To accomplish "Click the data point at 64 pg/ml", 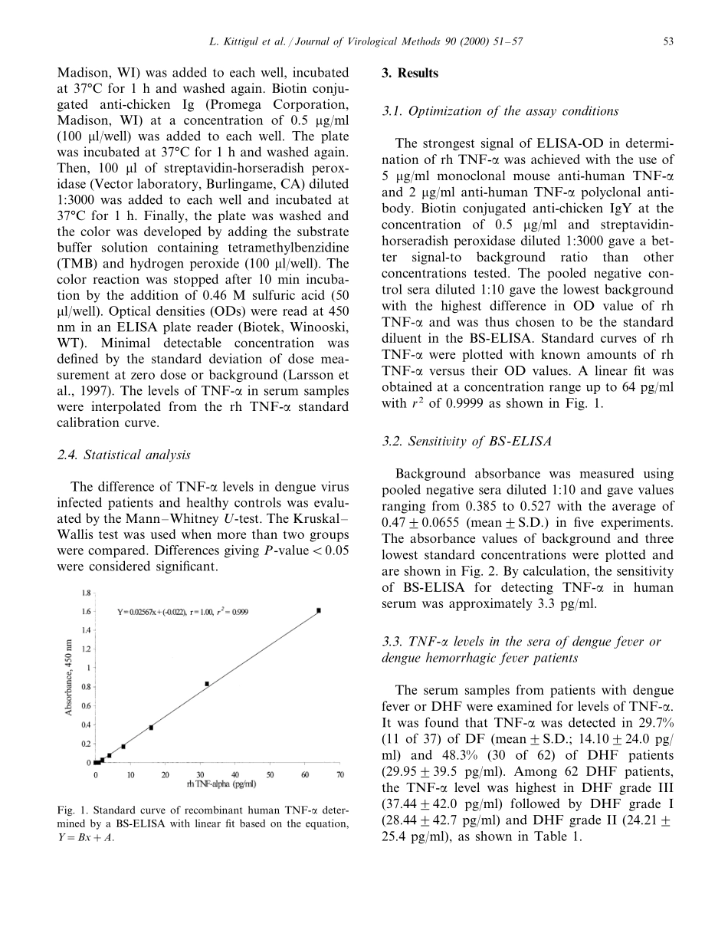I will (x=319, y=610).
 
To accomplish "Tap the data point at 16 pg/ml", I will (x=151, y=728).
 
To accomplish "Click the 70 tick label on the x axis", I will (x=339, y=774).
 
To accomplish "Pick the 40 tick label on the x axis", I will (x=235, y=774).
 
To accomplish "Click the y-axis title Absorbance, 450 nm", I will (x=68, y=679).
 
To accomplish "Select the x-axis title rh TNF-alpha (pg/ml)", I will (x=220, y=784).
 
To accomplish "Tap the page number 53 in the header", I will (x=668, y=41).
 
